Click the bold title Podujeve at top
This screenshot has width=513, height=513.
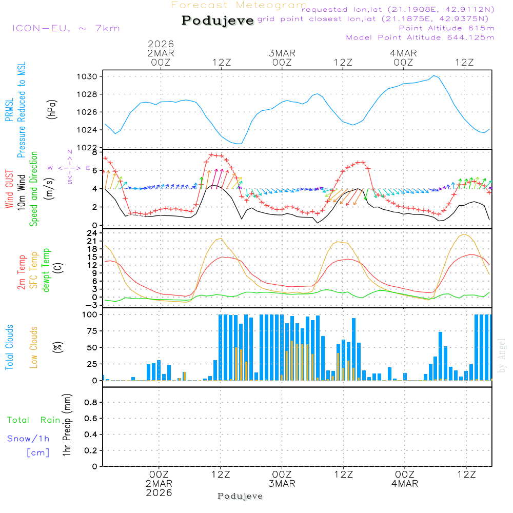coord(218,21)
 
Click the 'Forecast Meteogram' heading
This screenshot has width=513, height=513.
coord(239,6)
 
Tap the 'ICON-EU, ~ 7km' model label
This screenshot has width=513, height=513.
coord(66,28)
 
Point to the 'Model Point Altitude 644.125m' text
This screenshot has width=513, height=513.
coord(420,37)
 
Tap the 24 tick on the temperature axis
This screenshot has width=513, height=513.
coord(92,233)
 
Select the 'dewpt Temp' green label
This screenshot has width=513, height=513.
coord(46,270)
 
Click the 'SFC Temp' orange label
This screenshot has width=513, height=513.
coord(34,270)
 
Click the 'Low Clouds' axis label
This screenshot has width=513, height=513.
coord(34,347)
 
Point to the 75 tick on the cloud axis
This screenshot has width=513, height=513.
coord(93,331)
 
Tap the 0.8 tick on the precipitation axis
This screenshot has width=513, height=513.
coord(90,403)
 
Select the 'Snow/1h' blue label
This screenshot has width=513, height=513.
coord(29,439)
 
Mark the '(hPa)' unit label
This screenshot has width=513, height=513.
coord(51,109)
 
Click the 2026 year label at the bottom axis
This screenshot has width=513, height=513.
coord(160,493)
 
